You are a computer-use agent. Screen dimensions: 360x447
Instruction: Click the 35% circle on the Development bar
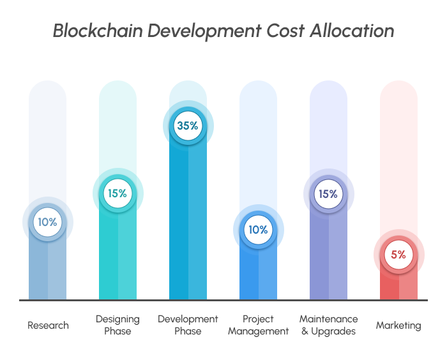tap(188, 126)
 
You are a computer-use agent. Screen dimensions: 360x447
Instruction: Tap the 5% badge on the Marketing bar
tap(398, 255)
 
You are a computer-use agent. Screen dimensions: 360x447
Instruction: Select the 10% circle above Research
tap(48, 223)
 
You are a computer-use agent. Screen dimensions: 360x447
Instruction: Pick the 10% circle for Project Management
tap(258, 229)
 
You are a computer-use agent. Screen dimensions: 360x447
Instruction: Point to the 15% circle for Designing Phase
tap(117, 193)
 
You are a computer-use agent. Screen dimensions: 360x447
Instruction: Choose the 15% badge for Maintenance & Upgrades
tap(328, 193)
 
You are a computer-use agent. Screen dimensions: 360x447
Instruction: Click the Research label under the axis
tap(48, 326)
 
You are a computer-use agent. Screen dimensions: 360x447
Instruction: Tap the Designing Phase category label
tap(117, 325)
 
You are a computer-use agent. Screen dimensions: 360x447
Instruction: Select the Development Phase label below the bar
tap(188, 325)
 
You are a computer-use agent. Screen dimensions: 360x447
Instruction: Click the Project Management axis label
tap(258, 325)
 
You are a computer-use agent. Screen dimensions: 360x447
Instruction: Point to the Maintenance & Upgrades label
tap(329, 325)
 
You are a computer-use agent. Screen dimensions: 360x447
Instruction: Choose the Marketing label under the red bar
tap(398, 326)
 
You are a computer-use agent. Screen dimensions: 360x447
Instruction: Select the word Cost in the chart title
tap(275, 31)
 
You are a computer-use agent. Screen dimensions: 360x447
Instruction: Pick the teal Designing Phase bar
tap(117, 255)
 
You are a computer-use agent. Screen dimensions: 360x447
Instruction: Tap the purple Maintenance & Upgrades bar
tap(328, 255)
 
